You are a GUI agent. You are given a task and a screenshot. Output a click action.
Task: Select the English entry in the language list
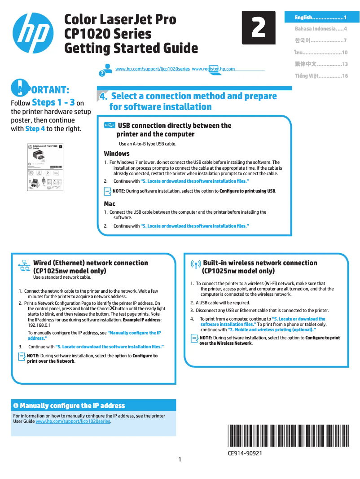(x=320, y=18)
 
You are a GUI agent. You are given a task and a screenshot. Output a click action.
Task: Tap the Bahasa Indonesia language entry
(x=321, y=29)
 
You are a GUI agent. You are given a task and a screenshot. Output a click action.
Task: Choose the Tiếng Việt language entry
(x=321, y=76)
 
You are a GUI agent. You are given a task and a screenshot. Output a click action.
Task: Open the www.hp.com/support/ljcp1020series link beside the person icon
(x=152, y=69)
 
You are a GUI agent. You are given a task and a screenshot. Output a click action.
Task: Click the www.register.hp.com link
(x=213, y=69)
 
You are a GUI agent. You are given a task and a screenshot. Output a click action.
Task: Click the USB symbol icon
(x=109, y=125)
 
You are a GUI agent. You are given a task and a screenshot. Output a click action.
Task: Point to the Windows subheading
(x=117, y=154)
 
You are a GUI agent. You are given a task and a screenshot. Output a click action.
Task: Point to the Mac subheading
(x=110, y=204)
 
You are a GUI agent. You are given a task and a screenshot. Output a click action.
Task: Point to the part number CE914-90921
(x=245, y=453)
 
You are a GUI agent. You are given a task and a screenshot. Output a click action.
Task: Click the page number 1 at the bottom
(x=180, y=459)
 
